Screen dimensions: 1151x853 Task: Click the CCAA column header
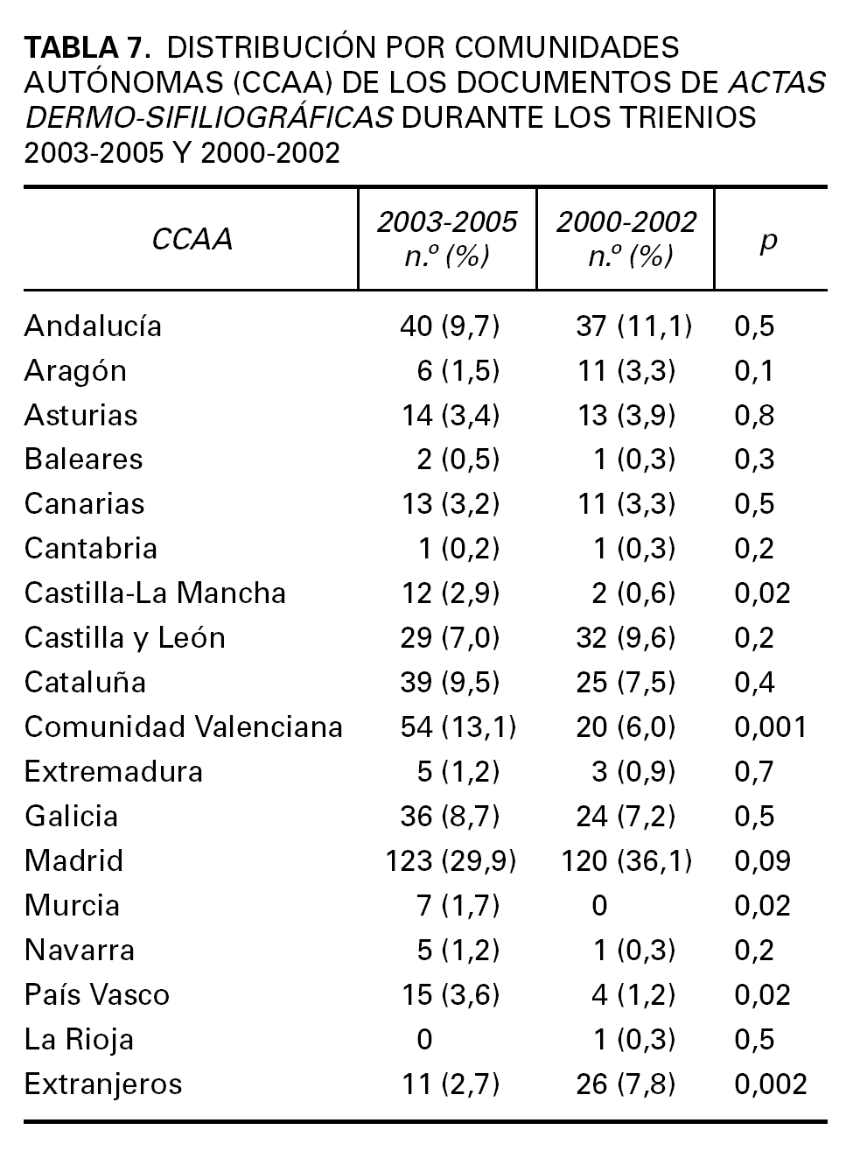click(x=192, y=239)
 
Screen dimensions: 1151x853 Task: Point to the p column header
click(x=768, y=240)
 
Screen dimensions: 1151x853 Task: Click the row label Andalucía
click(x=93, y=326)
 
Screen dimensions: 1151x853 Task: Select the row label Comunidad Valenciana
click(x=183, y=726)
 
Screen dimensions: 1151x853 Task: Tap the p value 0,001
click(x=770, y=726)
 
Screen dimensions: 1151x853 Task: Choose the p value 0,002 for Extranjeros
click(x=770, y=1084)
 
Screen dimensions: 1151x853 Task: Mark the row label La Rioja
click(x=79, y=1039)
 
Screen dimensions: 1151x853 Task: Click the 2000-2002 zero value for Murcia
click(x=598, y=905)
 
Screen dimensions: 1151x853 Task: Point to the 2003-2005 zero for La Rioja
click(x=424, y=1039)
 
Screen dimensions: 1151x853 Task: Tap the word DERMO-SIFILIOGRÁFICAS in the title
click(x=208, y=116)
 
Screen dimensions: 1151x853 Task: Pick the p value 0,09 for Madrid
click(x=762, y=860)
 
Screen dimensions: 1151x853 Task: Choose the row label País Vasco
click(x=96, y=994)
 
